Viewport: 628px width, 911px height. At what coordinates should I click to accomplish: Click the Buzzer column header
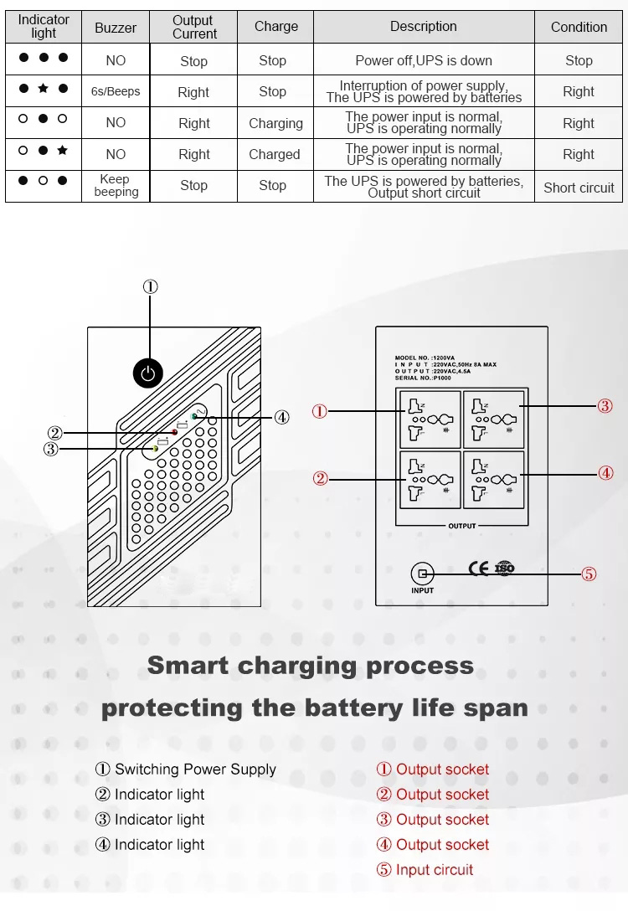[x=116, y=28]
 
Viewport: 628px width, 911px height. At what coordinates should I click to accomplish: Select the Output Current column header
[x=194, y=27]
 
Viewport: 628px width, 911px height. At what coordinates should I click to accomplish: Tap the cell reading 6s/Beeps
[x=116, y=91]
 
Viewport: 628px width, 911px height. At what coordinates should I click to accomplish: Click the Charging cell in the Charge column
[x=275, y=123]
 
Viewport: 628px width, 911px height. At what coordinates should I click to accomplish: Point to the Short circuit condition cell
[x=579, y=188]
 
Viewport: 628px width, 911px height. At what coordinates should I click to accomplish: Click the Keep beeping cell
[x=116, y=185]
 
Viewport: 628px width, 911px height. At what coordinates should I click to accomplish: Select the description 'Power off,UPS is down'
[x=424, y=60]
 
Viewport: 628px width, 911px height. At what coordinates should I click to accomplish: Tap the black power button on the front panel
[x=148, y=373]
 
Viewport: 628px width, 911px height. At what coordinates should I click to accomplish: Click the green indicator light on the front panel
[x=194, y=416]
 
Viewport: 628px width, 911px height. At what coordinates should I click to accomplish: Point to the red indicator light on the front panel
[x=174, y=432]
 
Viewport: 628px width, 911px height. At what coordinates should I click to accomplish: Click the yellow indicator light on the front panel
[x=156, y=450]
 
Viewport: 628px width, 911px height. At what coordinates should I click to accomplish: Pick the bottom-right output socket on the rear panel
[x=493, y=480]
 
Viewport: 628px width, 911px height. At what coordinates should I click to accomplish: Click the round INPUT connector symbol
[x=423, y=574]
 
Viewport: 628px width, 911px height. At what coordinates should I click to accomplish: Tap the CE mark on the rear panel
[x=479, y=569]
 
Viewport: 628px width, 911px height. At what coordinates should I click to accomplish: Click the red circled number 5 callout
[x=589, y=574]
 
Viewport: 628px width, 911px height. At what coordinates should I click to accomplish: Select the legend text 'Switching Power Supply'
[x=195, y=769]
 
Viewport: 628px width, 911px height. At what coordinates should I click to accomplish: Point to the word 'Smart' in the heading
[x=188, y=666]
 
